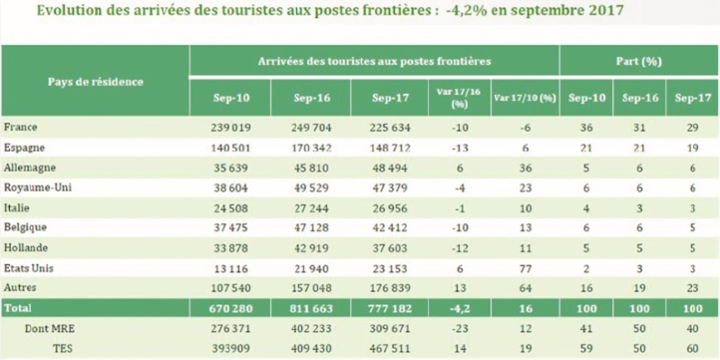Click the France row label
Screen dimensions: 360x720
coord(21,128)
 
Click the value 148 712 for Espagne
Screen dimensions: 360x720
coord(388,148)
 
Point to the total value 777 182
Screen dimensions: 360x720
coord(388,308)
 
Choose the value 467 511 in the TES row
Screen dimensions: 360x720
coord(388,347)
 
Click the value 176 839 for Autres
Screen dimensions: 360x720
coord(388,287)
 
